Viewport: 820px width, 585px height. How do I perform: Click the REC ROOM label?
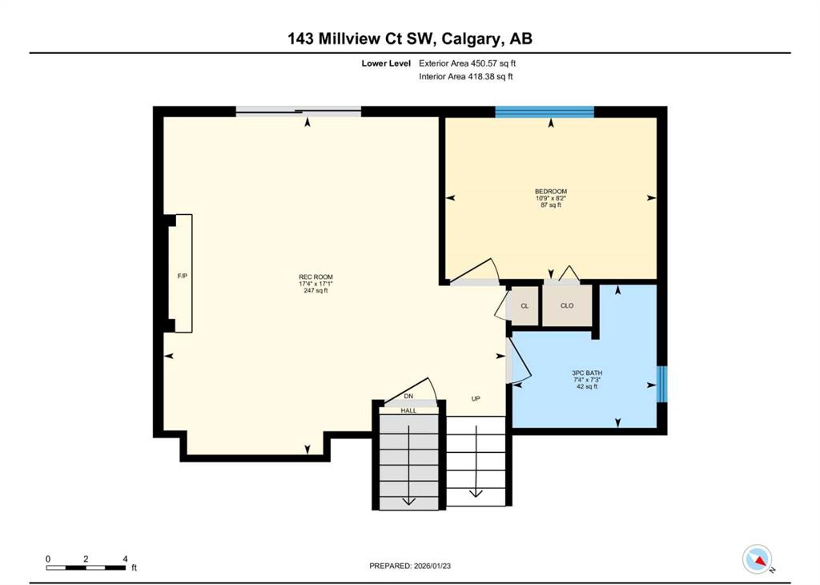pyautogui.click(x=316, y=276)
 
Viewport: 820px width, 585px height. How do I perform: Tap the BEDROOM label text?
pyautogui.click(x=551, y=192)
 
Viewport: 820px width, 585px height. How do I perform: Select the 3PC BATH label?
pyautogui.click(x=587, y=373)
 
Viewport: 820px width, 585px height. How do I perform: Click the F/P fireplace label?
pyautogui.click(x=182, y=276)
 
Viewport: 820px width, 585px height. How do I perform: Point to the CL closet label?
pyautogui.click(x=525, y=306)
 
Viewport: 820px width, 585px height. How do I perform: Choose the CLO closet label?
pyautogui.click(x=567, y=305)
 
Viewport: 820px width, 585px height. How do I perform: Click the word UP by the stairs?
pyautogui.click(x=476, y=399)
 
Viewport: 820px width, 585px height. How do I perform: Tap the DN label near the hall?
pyautogui.click(x=408, y=397)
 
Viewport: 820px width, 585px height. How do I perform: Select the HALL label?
pyautogui.click(x=408, y=411)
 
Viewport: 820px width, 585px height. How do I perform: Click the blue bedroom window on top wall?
pyautogui.click(x=545, y=111)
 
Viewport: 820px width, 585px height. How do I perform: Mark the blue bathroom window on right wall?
pyautogui.click(x=662, y=384)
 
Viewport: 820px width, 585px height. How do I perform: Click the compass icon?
pyautogui.click(x=758, y=559)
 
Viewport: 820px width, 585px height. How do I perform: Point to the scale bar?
pyautogui.click(x=86, y=567)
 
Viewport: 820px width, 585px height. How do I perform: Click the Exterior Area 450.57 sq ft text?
pyautogui.click(x=467, y=63)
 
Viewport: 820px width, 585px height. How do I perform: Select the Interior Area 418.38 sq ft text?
pyautogui.click(x=465, y=76)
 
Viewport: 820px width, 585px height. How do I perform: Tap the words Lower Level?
pyautogui.click(x=386, y=63)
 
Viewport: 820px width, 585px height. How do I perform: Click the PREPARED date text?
pyautogui.click(x=410, y=566)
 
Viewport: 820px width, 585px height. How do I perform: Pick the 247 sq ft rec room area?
pyautogui.click(x=316, y=290)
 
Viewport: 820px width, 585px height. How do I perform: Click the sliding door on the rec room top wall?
pyautogui.click(x=298, y=111)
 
